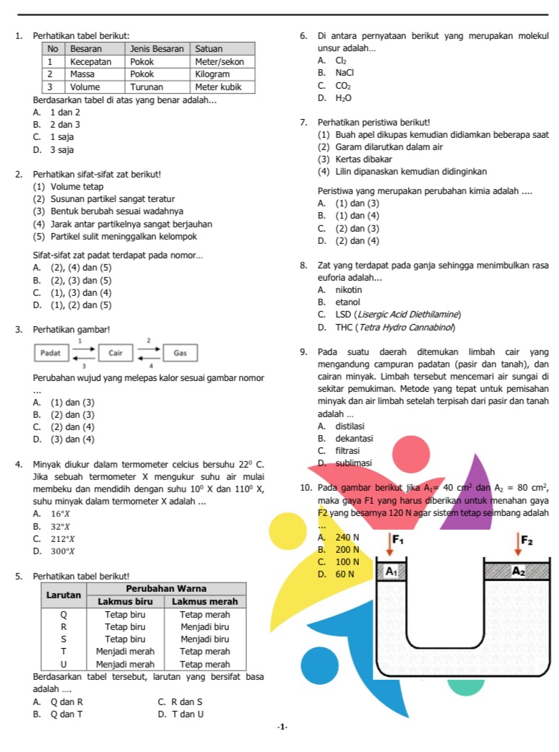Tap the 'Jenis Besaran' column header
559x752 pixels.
click(x=152, y=48)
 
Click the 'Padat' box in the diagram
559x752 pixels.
click(x=51, y=353)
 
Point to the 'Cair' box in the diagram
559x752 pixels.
click(x=116, y=353)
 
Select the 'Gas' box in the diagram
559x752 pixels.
click(x=181, y=353)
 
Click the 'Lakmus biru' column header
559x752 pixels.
click(x=126, y=600)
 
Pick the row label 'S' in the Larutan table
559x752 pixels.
click(x=63, y=639)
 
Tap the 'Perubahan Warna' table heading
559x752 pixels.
click(x=167, y=588)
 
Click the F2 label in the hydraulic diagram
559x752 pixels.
click(x=528, y=541)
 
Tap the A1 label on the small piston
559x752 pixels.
click(x=391, y=571)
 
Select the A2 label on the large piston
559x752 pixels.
click(x=518, y=570)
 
